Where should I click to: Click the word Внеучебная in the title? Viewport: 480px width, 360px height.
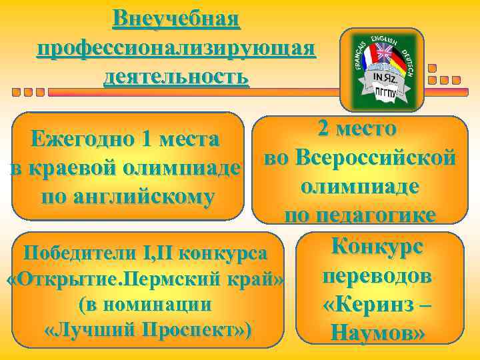point(176,18)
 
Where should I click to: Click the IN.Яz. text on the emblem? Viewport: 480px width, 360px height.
point(385,77)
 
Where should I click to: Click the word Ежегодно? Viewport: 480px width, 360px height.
point(80,140)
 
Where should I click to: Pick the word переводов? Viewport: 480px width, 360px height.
point(377,275)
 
